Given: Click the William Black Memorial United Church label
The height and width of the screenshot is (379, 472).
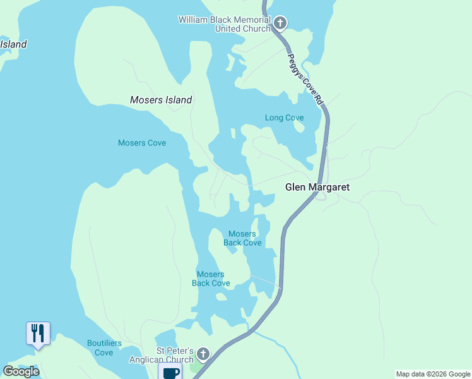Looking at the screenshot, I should pos(224,24).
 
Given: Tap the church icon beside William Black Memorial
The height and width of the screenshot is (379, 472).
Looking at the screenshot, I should pos(280,24).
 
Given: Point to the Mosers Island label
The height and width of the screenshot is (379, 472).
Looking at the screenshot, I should pos(161,100).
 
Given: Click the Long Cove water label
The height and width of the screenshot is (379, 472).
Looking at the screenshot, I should pos(284,117).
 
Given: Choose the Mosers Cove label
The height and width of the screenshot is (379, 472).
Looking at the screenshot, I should pos(142,143).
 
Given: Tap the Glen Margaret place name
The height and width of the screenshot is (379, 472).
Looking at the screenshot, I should pos(317,187).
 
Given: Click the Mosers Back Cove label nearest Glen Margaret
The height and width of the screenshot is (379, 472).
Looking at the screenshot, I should pos(242,238).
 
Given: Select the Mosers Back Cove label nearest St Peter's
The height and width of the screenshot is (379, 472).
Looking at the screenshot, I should pos(211,279).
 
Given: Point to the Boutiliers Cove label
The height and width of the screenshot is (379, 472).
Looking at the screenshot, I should pos(100,348).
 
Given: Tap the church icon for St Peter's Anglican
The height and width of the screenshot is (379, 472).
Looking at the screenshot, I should pos(203,354).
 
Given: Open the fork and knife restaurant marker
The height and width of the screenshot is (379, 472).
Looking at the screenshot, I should pos(38,333).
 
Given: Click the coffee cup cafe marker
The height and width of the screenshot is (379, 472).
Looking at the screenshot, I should pos(170,372).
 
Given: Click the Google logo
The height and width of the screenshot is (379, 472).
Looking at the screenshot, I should pos(21,371).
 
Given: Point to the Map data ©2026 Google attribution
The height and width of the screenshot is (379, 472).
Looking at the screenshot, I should pos(433,374).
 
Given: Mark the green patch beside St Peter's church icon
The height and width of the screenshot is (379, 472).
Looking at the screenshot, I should pos(197,366).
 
